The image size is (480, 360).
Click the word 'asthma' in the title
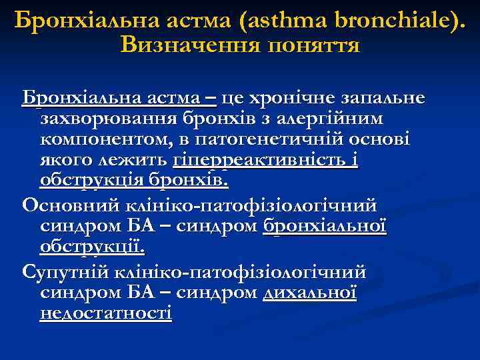click(281, 21)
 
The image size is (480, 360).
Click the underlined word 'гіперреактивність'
click(257, 161)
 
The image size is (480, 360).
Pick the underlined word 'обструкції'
click(92, 246)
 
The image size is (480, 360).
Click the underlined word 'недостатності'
click(105, 313)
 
